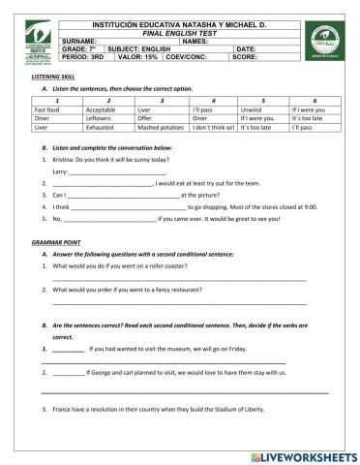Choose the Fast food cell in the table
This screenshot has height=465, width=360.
click(x=48, y=109)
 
